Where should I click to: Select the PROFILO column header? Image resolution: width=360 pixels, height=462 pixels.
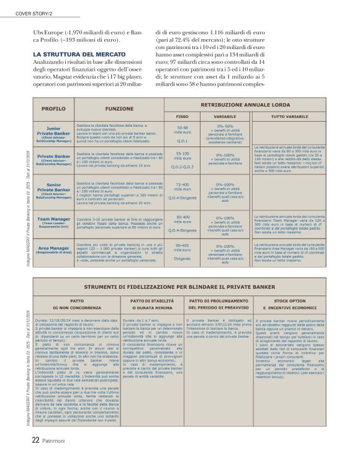[53, 108]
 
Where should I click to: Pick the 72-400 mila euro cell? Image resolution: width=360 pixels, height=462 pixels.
[182, 187]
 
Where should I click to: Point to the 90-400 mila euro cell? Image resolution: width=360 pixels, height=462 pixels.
[182, 248]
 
